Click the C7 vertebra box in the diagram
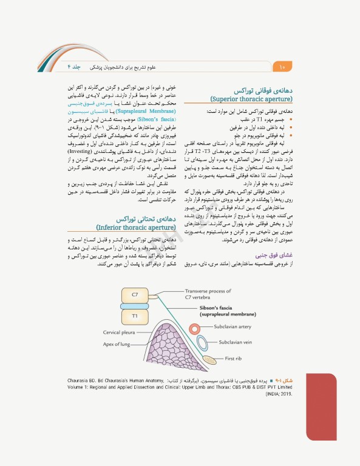coord(135,295)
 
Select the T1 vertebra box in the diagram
coord(135,316)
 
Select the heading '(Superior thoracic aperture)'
coord(251,98)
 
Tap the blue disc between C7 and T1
coord(135,306)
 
